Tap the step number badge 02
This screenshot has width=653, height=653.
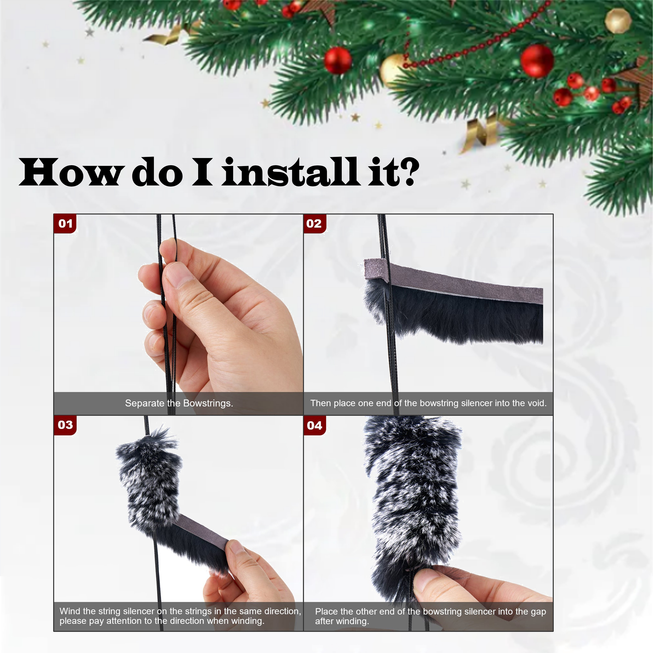pos(314,223)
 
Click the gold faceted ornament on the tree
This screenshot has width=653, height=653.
pos(618,21)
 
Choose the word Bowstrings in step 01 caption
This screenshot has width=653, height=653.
pos(208,403)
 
